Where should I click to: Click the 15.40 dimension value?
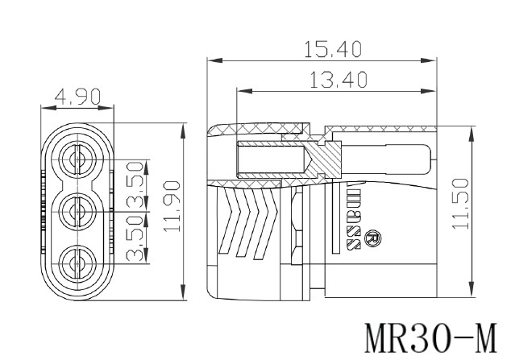pos(333,49)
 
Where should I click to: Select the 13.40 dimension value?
pos(339,80)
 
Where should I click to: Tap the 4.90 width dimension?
pos(77,97)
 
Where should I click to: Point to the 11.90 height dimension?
pos(172,206)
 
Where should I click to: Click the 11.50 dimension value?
pos(461,204)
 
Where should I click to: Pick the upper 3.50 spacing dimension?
pos(135,185)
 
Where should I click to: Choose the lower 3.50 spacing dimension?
pos(135,238)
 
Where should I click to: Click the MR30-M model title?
pos(431,338)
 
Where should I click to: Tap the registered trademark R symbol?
pos(373,238)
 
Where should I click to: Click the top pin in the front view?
pos(78,159)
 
